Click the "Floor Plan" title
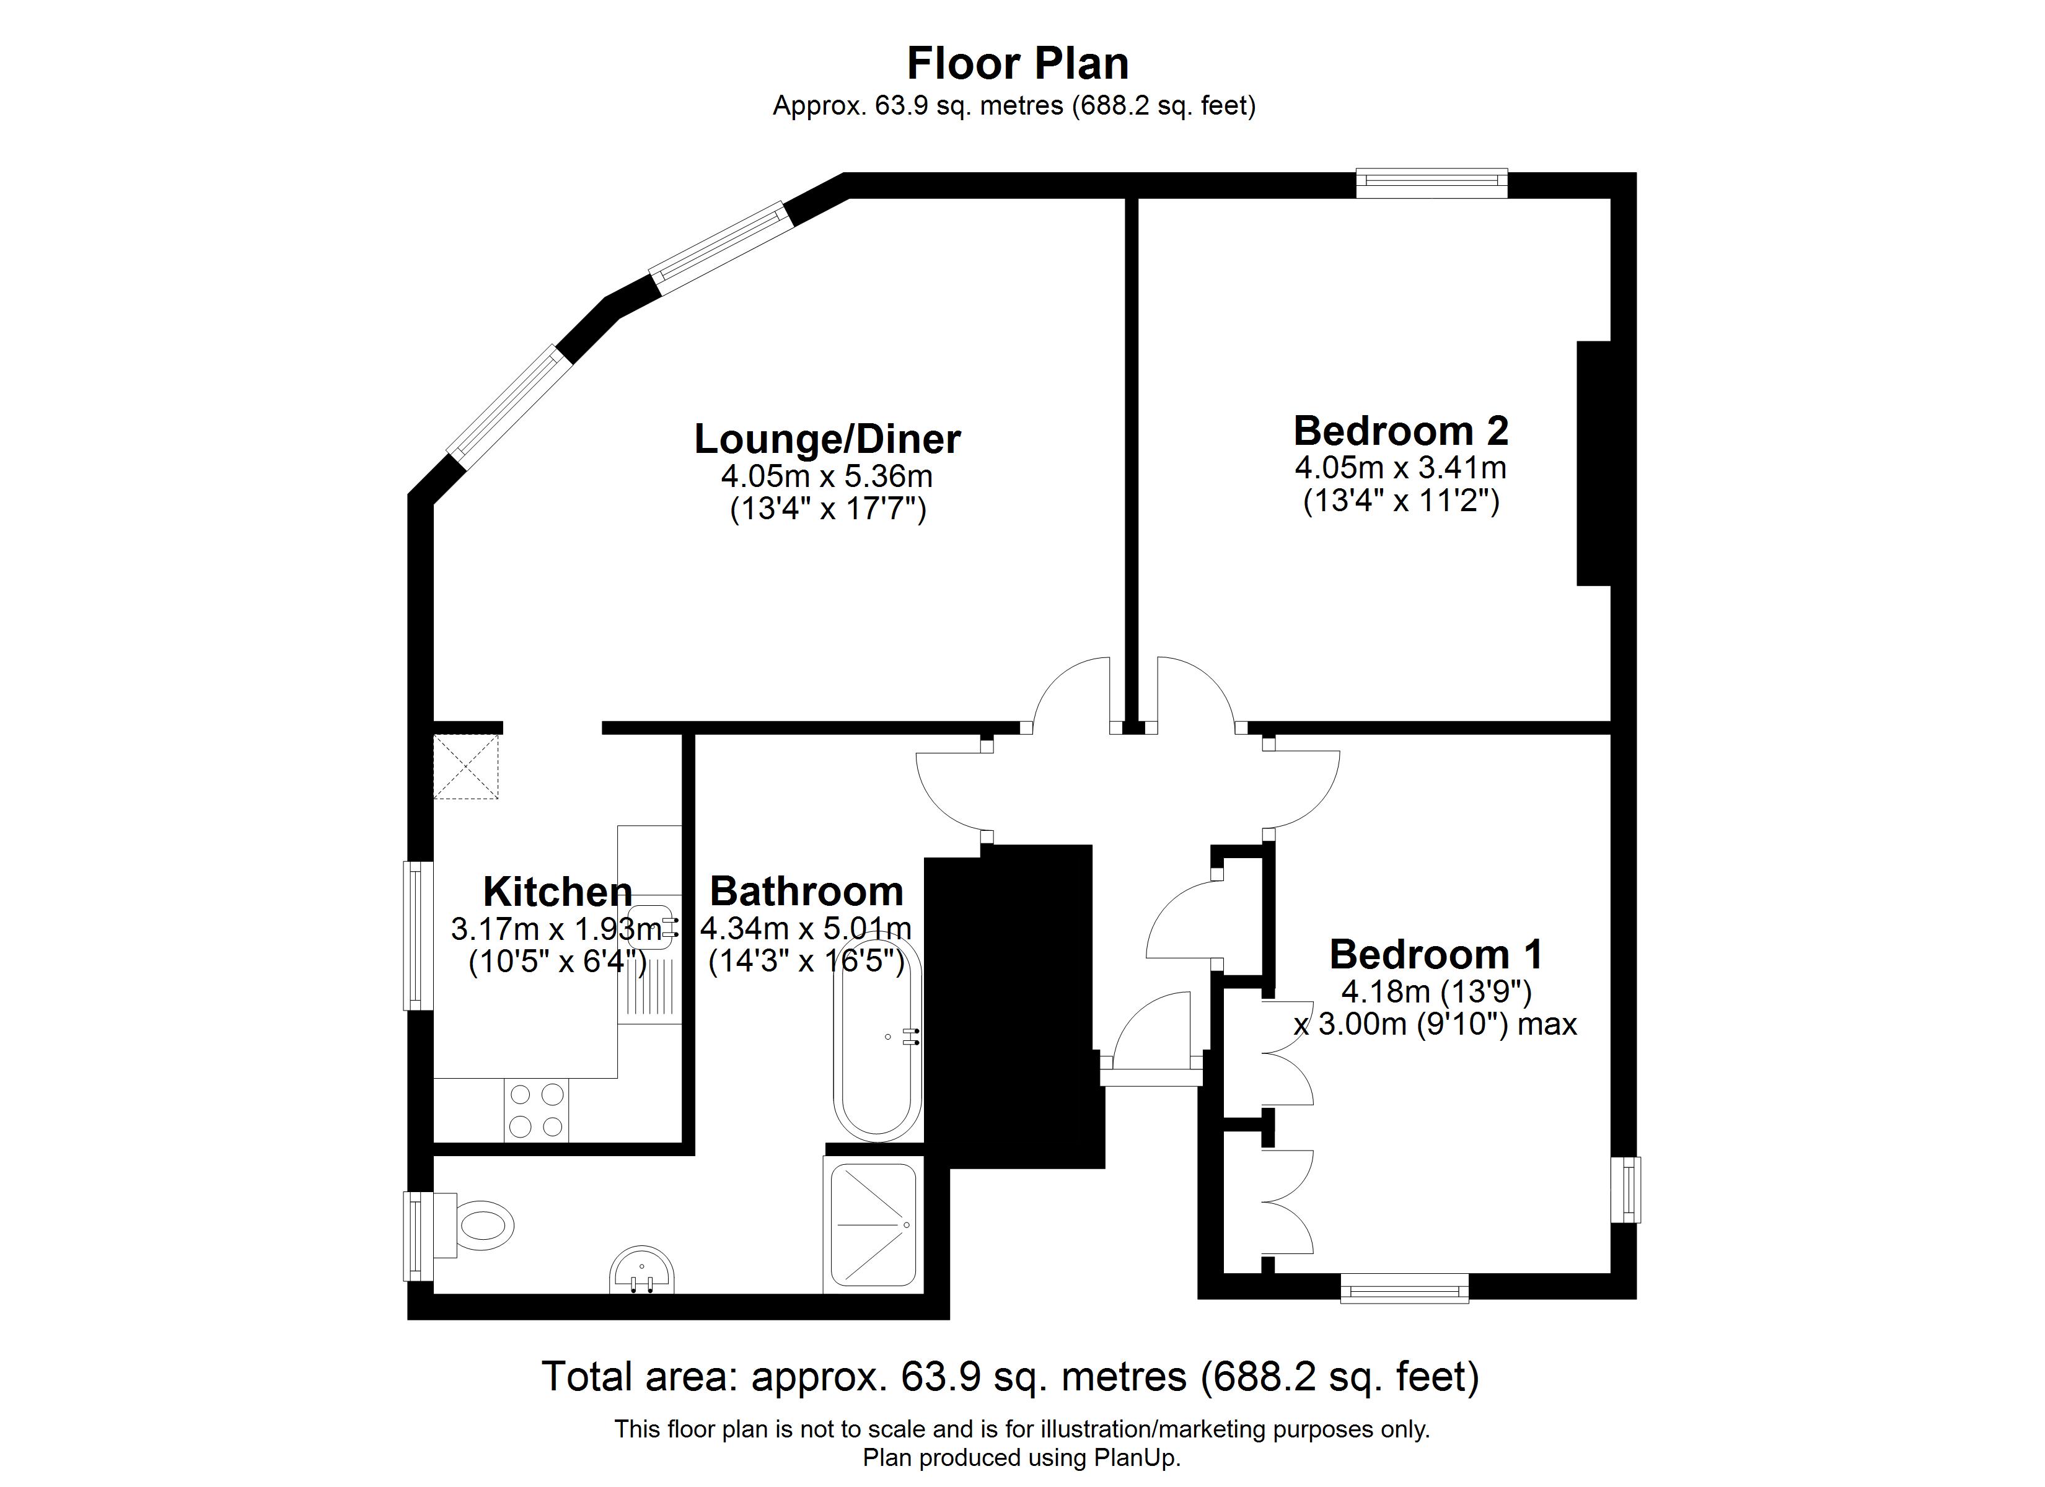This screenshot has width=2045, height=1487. point(1017,63)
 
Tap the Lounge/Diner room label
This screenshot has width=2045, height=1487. point(827,439)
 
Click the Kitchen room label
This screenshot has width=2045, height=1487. point(557,892)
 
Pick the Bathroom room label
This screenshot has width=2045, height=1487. point(806,891)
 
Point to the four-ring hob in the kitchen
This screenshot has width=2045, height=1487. point(537,1110)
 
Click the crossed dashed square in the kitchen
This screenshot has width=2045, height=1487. point(466,766)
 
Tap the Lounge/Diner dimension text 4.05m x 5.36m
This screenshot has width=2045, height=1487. point(827,475)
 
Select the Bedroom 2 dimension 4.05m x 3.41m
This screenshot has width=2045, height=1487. point(1401,467)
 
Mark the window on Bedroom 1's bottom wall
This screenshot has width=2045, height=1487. point(1404,1287)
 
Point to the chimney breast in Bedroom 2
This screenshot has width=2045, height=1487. point(1594,463)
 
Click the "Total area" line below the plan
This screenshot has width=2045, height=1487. point(1010,1376)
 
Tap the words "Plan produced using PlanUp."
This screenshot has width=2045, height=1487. point(1022,1458)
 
